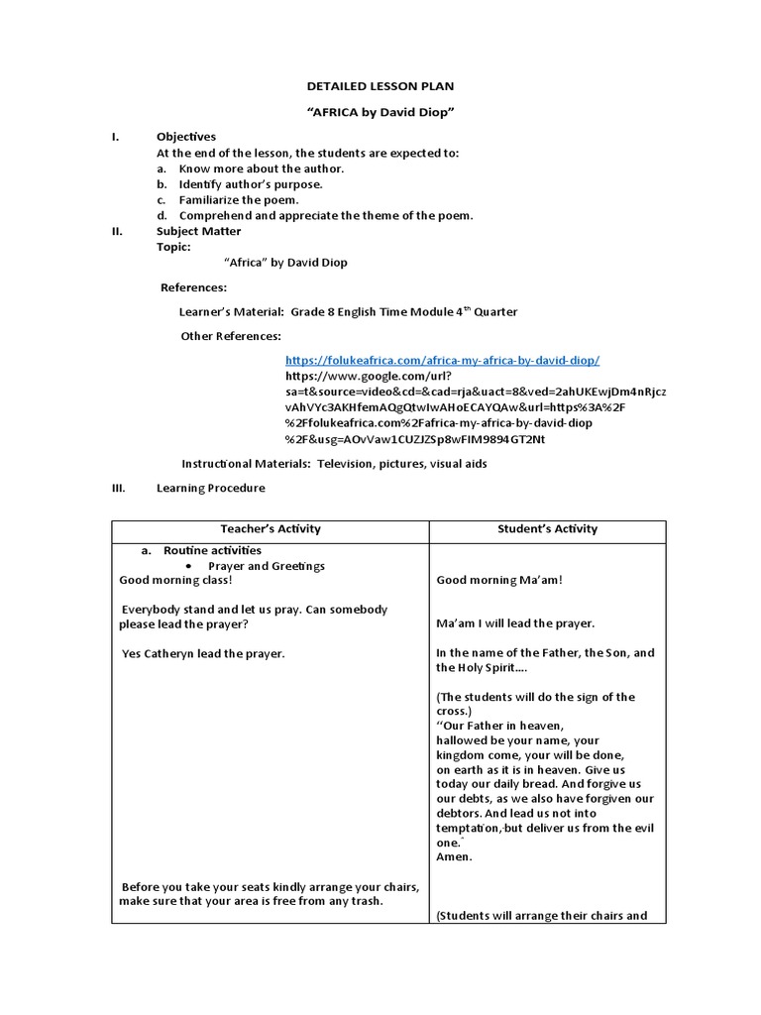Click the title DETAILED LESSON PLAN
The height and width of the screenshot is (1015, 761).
click(x=380, y=87)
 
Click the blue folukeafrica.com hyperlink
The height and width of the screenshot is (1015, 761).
click(x=442, y=361)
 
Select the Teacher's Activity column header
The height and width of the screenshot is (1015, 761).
click(x=271, y=529)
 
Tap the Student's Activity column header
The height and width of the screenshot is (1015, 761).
click(x=547, y=529)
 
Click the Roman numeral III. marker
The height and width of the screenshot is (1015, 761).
click(x=116, y=489)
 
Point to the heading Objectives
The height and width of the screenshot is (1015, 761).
click(x=185, y=137)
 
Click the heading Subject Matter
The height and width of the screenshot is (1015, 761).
click(x=198, y=231)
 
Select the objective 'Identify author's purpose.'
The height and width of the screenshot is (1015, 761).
click(x=251, y=184)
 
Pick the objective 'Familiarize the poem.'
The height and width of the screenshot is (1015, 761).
click(x=238, y=200)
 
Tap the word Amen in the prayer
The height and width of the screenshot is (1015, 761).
click(x=454, y=857)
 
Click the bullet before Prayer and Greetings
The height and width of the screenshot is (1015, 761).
click(x=189, y=567)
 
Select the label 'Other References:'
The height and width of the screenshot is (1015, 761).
click(x=230, y=336)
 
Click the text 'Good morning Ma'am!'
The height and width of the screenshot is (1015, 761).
click(x=499, y=580)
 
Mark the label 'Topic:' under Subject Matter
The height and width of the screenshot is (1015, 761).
click(x=173, y=247)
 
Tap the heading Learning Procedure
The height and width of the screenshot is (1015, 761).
click(x=210, y=489)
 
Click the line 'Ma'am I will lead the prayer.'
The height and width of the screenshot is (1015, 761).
click(x=515, y=623)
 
